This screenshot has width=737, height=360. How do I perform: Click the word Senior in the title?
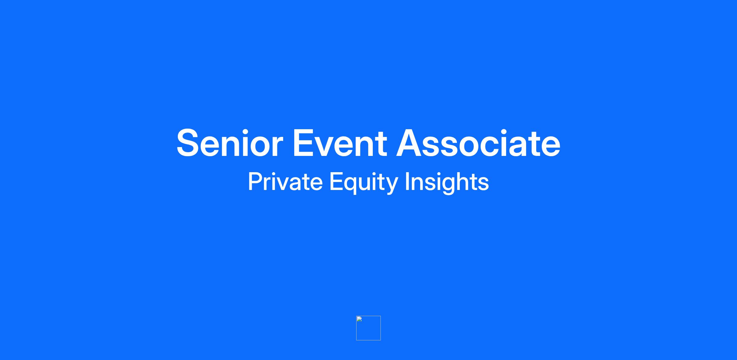[230, 143]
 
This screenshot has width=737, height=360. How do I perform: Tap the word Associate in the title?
[478, 143]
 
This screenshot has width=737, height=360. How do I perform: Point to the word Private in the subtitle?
[285, 182]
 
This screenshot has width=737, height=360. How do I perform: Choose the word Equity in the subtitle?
[364, 183]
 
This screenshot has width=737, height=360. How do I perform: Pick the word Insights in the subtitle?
[447, 183]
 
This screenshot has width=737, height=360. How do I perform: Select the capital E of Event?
[303, 143]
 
